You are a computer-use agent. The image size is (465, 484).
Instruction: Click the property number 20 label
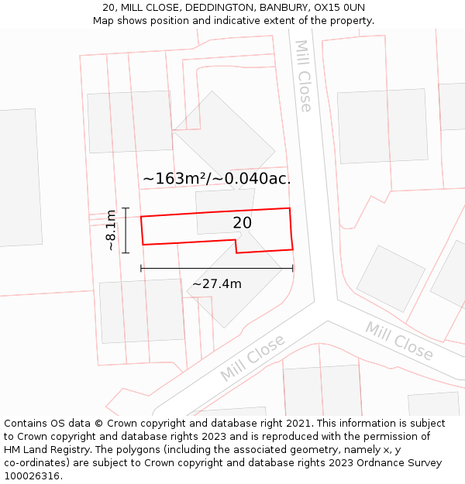[x=242, y=223]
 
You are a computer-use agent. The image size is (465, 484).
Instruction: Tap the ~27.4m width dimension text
[x=217, y=284]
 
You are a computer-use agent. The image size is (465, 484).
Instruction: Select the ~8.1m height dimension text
[x=112, y=230]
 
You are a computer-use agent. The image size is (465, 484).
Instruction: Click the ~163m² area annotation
[x=173, y=179]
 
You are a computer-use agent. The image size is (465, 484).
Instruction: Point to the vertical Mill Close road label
[x=304, y=76]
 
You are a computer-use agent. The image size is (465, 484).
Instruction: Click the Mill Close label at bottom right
[x=399, y=341]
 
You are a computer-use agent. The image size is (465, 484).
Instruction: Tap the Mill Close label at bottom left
[x=253, y=358]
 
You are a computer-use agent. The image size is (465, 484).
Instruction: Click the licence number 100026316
[x=33, y=476]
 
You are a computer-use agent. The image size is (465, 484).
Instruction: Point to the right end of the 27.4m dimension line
[x=293, y=269]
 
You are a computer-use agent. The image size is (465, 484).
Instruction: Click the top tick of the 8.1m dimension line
[x=125, y=208]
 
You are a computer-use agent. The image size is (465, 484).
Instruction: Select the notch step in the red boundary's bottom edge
[x=236, y=246]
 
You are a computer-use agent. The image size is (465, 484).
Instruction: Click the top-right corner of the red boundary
[x=290, y=208]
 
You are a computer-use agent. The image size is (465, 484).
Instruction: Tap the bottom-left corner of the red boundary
[x=143, y=245]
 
